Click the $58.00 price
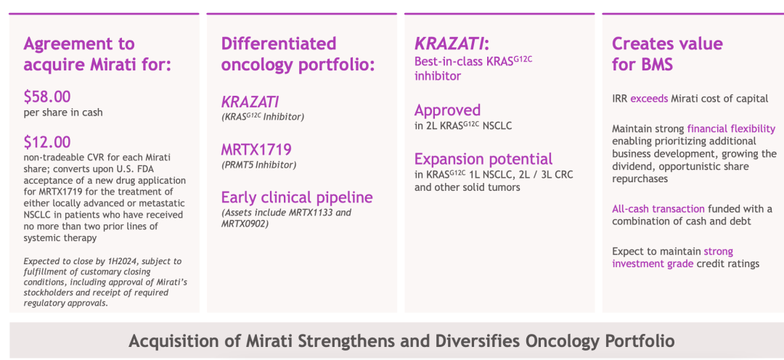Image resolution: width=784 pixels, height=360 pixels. (x=47, y=97)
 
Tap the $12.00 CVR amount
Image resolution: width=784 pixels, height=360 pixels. (x=47, y=142)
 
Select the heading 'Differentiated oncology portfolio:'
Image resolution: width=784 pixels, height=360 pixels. (x=298, y=54)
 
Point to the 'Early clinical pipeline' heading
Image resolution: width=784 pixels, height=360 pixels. (x=297, y=197)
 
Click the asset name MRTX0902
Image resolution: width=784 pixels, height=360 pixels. (x=245, y=224)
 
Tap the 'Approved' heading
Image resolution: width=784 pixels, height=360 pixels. (x=447, y=110)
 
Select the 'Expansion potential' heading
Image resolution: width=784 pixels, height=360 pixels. (x=483, y=160)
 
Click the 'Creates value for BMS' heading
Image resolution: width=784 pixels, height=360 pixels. (x=668, y=54)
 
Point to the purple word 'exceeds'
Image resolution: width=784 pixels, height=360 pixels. (x=649, y=99)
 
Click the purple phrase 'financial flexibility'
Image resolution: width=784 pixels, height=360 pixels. (x=732, y=128)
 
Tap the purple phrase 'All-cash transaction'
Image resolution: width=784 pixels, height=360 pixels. (x=658, y=208)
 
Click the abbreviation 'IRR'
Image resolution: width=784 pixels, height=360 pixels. (x=619, y=99)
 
